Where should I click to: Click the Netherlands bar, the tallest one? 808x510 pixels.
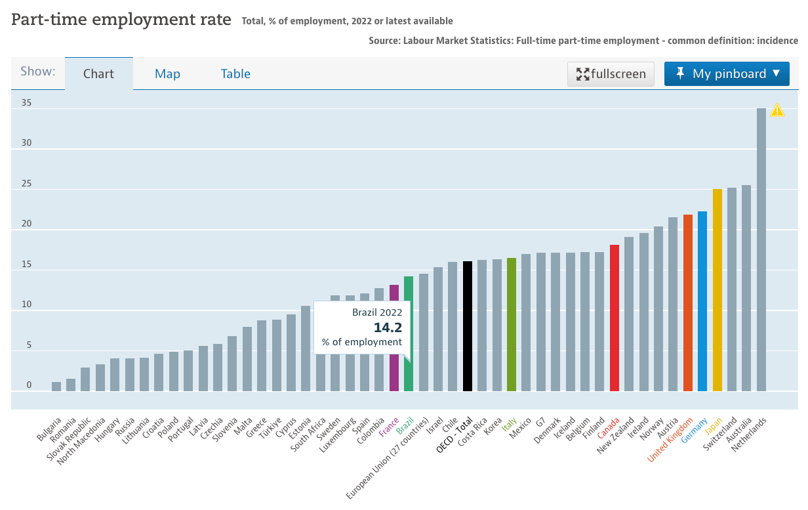click(x=761, y=249)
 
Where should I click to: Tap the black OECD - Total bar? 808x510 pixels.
click(x=467, y=326)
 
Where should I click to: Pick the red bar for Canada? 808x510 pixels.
click(x=615, y=318)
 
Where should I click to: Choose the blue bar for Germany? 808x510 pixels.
click(x=702, y=301)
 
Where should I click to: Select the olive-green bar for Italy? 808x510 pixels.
click(x=512, y=324)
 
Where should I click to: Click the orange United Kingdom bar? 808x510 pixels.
click(x=687, y=303)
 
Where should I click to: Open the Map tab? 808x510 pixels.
click(x=167, y=74)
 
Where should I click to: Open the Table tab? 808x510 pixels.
click(x=235, y=74)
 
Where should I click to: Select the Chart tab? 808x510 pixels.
click(x=98, y=74)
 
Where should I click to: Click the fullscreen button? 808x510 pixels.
click(x=611, y=74)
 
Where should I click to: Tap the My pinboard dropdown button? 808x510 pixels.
click(x=726, y=74)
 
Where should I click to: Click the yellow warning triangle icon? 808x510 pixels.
click(x=777, y=110)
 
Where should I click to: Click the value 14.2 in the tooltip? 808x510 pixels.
click(x=388, y=328)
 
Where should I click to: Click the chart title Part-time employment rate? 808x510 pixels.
click(x=121, y=20)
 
